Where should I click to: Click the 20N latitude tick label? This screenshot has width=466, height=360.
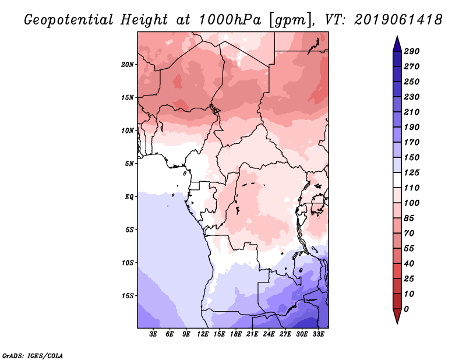click(x=128, y=64)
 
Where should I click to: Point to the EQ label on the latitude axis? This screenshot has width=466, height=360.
click(x=129, y=197)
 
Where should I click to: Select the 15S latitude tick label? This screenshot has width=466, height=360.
click(x=128, y=296)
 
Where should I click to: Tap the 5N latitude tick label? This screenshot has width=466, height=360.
click(x=129, y=164)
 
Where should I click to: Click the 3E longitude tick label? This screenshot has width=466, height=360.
click(x=154, y=334)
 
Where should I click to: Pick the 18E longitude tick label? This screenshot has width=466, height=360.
click(x=236, y=334)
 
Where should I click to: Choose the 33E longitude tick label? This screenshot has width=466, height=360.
click(x=318, y=334)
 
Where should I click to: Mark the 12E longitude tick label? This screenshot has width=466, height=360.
click(x=203, y=334)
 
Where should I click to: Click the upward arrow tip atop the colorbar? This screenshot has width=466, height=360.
click(x=397, y=38)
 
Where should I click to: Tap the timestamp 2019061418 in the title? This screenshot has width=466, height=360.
click(x=398, y=19)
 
